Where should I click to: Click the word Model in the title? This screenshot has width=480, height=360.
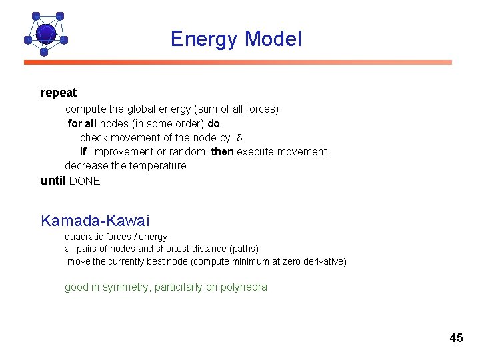tap(273, 39)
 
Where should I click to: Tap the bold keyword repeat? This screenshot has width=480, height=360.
tap(59, 93)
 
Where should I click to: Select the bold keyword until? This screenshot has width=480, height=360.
tap(53, 181)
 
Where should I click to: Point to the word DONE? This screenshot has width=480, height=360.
tap(85, 181)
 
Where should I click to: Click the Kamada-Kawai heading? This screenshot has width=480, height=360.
tap(95, 220)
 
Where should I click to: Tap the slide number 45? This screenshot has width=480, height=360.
tap(456, 338)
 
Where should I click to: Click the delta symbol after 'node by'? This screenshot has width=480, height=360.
tap(240, 138)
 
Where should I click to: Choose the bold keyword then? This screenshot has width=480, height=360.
tap(223, 151)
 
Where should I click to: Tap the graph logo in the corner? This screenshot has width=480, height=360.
tap(45, 33)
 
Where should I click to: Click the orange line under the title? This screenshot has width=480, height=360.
tap(238, 63)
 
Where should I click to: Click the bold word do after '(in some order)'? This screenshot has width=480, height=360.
tap(213, 123)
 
